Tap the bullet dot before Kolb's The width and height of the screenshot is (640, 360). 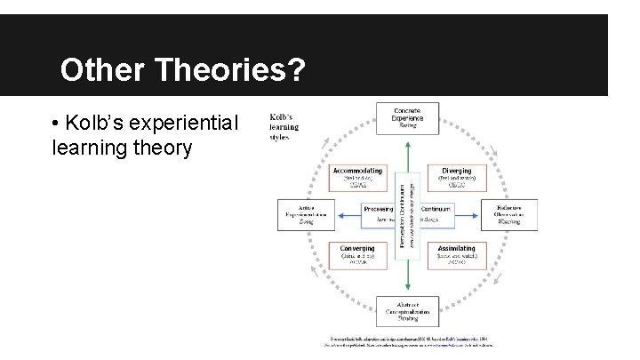[57, 123]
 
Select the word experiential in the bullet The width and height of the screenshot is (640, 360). [184, 123]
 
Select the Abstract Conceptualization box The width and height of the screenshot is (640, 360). [408, 311]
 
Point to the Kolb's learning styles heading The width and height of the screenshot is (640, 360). [284, 126]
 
